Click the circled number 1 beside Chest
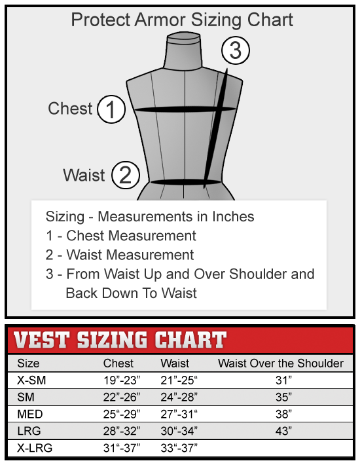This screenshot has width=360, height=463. tap(111, 109)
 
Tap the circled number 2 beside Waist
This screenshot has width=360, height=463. tap(126, 176)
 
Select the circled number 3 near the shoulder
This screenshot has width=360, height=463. tap(236, 50)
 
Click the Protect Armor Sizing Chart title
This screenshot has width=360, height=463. tap(182, 20)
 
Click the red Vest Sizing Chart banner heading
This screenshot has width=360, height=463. tap(120, 341)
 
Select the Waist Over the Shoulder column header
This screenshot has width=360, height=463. tap(281, 363)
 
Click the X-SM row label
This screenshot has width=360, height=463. tap(31, 380)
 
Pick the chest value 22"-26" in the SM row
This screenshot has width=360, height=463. tap(122, 397)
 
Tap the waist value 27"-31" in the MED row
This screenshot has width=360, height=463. tap(179, 414)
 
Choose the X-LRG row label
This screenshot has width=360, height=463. tap(34, 449)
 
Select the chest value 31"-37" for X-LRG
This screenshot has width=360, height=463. tap(122, 449)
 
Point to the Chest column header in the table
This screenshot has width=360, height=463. tap(118, 363)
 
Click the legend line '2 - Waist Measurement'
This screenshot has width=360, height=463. tap(120, 255)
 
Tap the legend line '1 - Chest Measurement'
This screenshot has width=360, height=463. tap(120, 236)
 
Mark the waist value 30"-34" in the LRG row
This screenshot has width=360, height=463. tap(179, 432)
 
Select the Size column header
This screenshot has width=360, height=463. tap(28, 363)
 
